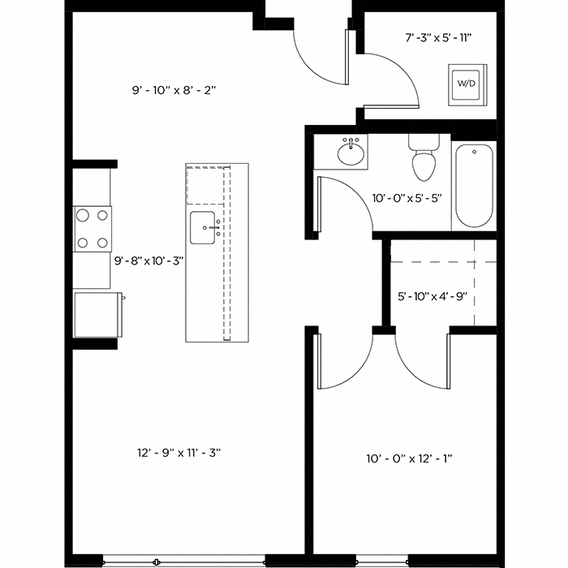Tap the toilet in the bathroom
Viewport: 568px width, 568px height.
point(423,159)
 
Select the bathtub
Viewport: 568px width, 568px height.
point(474,186)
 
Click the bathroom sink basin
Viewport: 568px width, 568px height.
point(351,153)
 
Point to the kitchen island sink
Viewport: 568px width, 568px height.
point(203,228)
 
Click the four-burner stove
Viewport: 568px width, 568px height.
point(93,228)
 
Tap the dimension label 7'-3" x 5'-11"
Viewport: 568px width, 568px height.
point(438,37)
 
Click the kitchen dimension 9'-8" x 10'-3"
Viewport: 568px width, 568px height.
point(150,261)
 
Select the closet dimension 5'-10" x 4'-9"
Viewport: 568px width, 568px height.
point(432,296)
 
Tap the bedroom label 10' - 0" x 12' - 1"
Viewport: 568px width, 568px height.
point(409,458)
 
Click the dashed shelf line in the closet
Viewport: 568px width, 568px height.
point(442,262)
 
